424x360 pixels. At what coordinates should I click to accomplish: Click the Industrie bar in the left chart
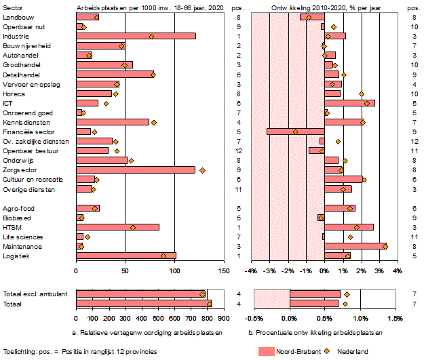tap(136, 36)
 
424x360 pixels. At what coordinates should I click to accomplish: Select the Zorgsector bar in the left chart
tap(136, 170)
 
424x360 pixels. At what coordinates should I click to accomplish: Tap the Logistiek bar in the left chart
tap(126, 256)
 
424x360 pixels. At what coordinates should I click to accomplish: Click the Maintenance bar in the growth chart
tap(355, 246)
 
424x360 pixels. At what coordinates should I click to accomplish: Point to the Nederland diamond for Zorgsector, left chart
tap(203, 170)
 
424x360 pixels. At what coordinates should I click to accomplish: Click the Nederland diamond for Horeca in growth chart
tap(362, 94)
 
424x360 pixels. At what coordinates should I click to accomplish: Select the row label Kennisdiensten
tap(24, 122)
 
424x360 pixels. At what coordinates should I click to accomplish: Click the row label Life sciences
tap(18, 237)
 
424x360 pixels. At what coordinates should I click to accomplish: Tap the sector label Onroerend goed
tap(23, 113)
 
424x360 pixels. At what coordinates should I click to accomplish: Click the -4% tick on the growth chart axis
tap(251, 271)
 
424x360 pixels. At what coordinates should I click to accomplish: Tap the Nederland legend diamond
tap(327, 351)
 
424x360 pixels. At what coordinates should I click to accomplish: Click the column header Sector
tap(12, 7)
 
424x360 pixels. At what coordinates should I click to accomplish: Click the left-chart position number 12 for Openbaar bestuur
tap(239, 151)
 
